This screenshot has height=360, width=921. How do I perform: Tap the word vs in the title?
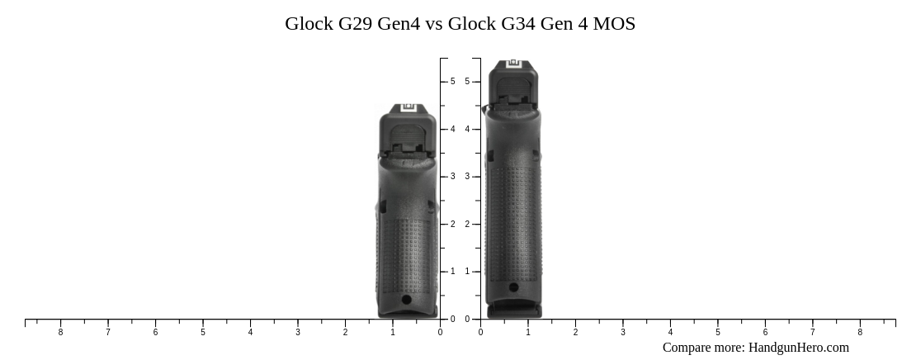tap(433, 24)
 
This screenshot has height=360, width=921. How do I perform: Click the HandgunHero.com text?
tap(798, 348)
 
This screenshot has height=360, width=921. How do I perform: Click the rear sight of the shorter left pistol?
tap(408, 108)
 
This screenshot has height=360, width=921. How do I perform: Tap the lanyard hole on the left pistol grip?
tap(406, 301)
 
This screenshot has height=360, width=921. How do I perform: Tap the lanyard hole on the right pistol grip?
tap(513, 287)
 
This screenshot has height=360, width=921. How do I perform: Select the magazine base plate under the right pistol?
tap(513, 311)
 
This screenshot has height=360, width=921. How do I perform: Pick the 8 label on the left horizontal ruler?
tap(60, 332)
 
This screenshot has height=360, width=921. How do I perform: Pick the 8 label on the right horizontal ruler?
tap(860, 332)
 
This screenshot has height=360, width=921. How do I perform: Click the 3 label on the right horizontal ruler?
tap(623, 332)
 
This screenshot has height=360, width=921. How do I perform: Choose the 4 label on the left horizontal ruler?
tap(250, 332)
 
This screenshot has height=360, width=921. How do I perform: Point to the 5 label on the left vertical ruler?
tap(452, 82)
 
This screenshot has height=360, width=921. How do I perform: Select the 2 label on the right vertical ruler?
tap(467, 224)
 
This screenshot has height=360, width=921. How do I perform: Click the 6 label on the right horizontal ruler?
tap(765, 332)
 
